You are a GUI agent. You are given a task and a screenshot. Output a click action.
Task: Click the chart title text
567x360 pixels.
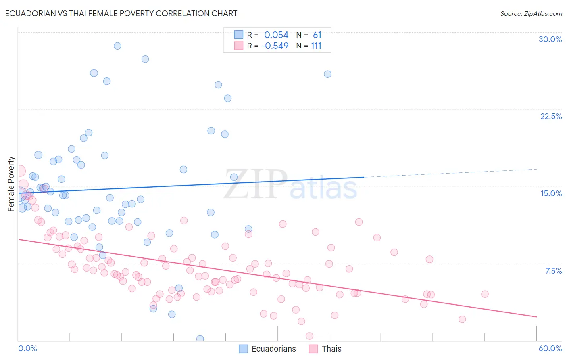tap(121, 13)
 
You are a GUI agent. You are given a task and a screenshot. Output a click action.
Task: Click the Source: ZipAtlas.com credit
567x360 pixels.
tap(531, 13)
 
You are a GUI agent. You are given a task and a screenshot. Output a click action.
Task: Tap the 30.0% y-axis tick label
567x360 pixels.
tap(550, 39)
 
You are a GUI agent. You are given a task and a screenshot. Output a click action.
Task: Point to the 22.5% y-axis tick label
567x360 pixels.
tap(551, 116)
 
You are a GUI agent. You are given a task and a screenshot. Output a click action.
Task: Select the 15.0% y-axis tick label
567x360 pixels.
tap(551, 193)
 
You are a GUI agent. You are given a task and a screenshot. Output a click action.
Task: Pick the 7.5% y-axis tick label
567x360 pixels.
tap(553, 271)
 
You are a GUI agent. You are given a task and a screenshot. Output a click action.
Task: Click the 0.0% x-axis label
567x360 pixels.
tap(27, 348)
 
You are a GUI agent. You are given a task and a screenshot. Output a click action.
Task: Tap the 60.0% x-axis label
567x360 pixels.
tap(550, 348)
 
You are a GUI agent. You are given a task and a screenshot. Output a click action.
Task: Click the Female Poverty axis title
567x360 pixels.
tap(11, 184)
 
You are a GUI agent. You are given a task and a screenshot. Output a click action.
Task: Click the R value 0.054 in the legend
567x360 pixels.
tap(276, 35)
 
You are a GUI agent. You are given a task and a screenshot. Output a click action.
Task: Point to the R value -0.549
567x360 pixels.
tap(275, 46)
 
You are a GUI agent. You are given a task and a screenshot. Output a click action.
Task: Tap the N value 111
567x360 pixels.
tap(316, 46)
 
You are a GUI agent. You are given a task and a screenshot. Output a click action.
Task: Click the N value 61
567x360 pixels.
tap(317, 35)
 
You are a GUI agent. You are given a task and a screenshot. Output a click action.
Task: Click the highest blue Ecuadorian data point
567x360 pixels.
tap(117, 46)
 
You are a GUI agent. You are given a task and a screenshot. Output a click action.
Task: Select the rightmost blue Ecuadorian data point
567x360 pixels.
tap(327, 74)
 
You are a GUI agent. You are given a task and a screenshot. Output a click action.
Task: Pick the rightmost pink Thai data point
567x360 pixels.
tap(485, 294)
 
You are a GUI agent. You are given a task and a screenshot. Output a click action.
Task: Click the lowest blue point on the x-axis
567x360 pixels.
tap(200, 339)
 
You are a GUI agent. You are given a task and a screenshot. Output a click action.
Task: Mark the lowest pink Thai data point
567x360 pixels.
tap(309, 336)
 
